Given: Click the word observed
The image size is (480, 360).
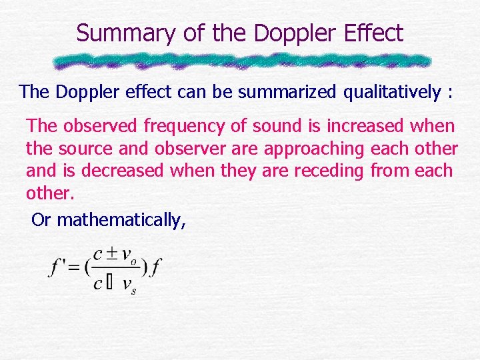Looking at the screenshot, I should [97, 125].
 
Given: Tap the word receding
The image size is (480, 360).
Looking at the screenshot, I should [321, 171].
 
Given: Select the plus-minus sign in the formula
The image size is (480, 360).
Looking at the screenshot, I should [111, 254].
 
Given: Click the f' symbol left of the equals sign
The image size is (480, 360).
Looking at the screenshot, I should [57, 269].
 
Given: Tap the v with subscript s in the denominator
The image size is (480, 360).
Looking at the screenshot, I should [129, 285].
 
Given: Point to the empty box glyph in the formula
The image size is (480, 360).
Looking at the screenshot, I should [109, 284].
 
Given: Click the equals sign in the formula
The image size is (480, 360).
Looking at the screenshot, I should [73, 269].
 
